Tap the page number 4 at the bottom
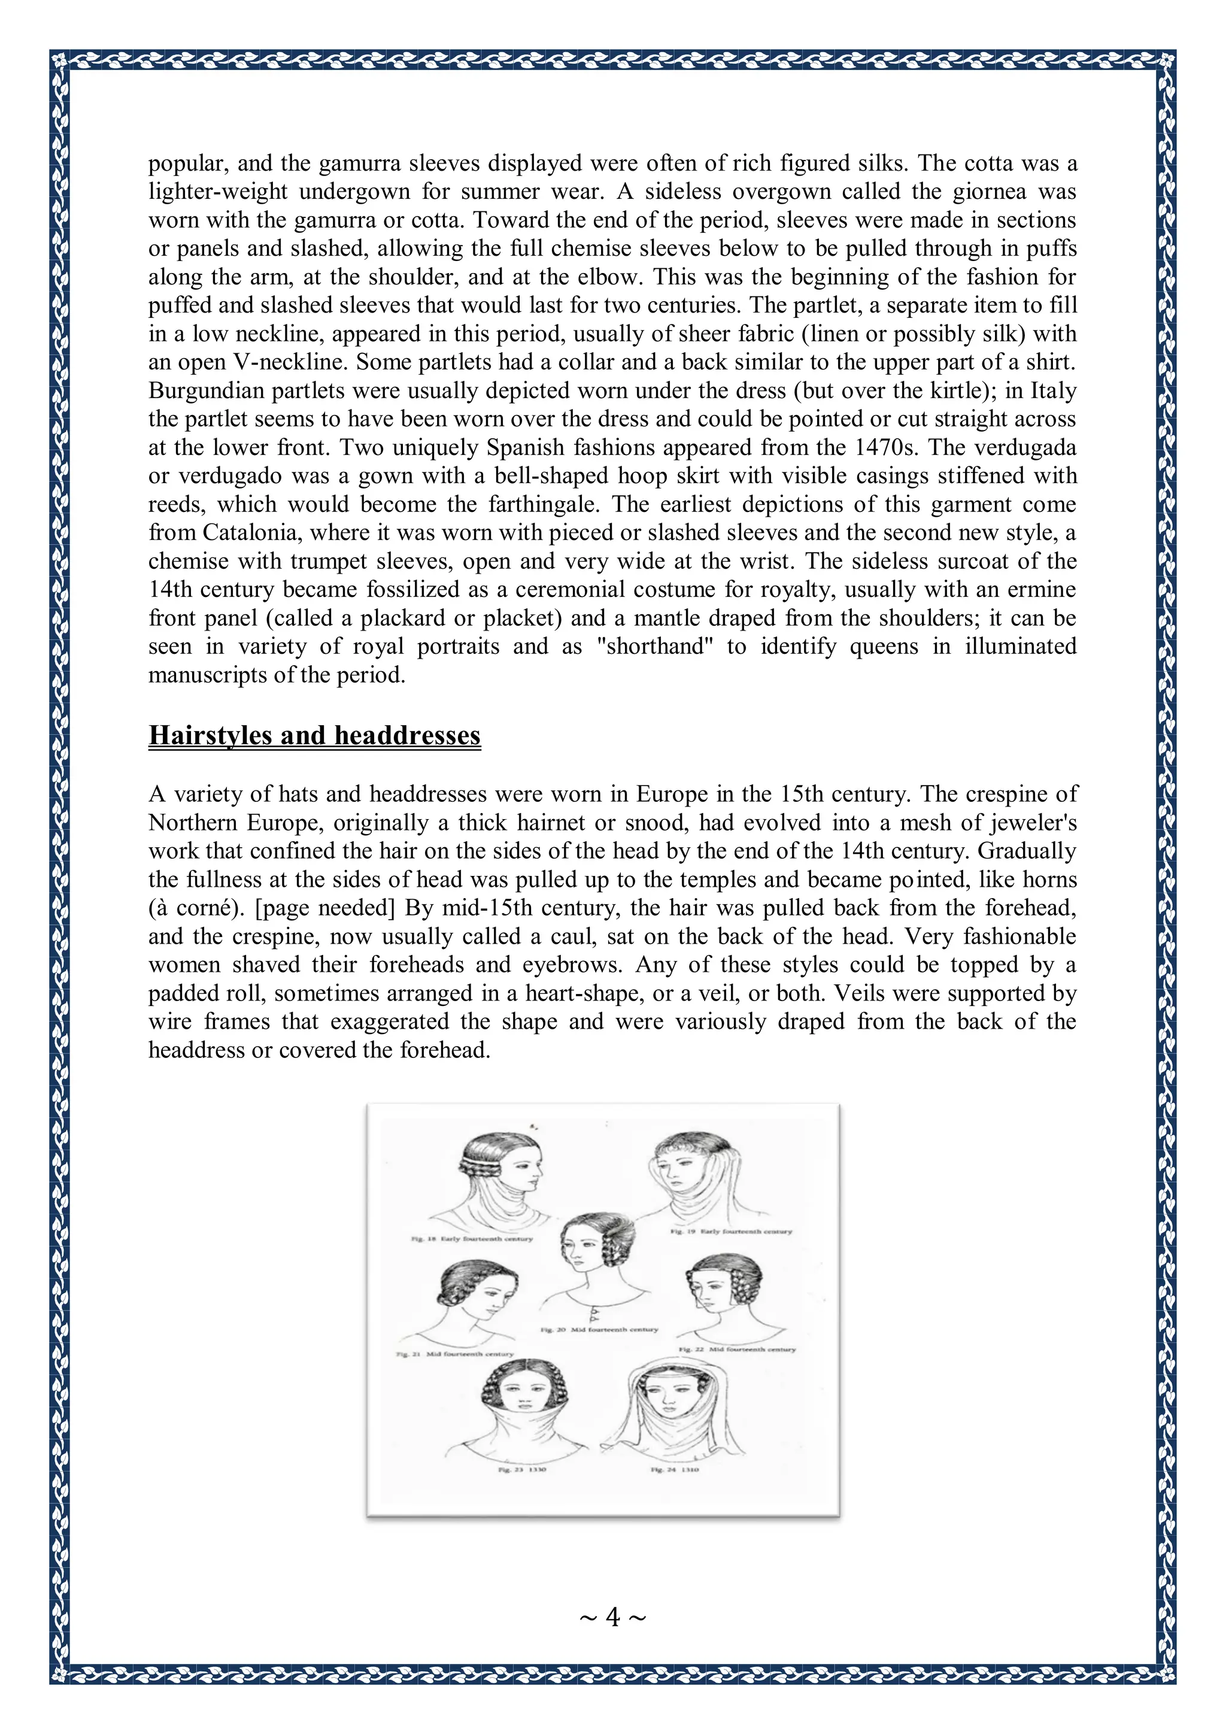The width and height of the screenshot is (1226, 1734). (x=612, y=1617)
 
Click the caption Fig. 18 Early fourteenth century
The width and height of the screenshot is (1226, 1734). (x=472, y=1239)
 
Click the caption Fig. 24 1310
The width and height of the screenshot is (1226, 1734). (x=674, y=1470)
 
